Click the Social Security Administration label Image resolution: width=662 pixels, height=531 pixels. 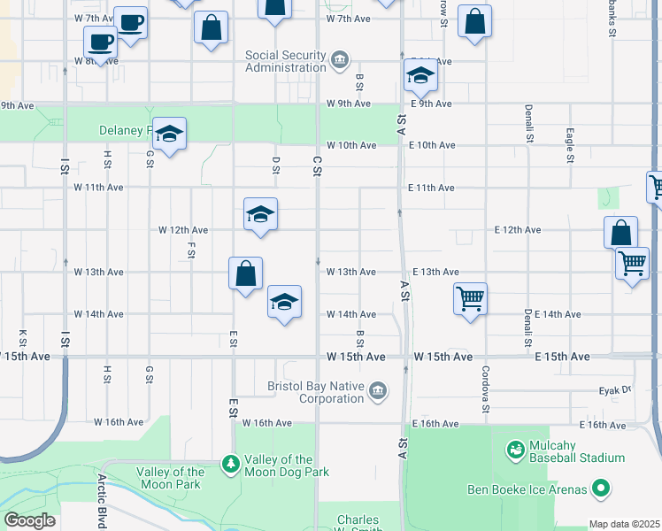[285, 61]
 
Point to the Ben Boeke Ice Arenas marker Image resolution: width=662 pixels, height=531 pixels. [601, 489]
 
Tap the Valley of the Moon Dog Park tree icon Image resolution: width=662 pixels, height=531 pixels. [230, 463]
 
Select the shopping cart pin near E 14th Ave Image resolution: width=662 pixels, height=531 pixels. [470, 297]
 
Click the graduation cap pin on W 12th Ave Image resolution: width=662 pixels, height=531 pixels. [261, 214]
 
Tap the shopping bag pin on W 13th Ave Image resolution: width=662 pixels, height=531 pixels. [245, 273]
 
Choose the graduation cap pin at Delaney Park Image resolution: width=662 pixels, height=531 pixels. [169, 134]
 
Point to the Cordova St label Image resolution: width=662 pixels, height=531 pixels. [485, 389]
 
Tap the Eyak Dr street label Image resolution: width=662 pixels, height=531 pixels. [613, 389]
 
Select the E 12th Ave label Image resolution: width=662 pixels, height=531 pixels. [518, 230]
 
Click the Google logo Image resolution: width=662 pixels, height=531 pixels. [29, 520]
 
